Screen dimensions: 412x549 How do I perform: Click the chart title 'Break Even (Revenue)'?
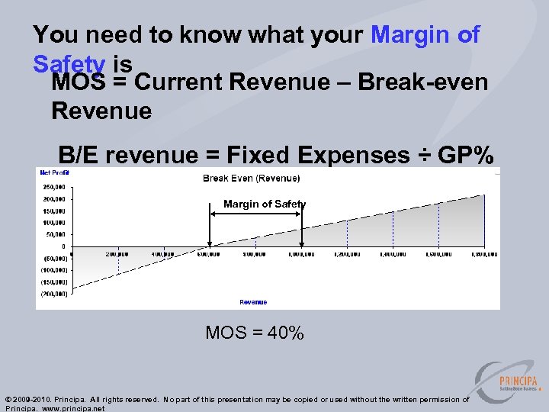tap(251, 179)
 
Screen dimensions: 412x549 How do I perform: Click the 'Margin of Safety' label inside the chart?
tap(264, 204)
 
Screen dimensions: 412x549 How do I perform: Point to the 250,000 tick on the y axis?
tap(53, 187)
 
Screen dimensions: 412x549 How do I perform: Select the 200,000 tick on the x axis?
tap(117, 254)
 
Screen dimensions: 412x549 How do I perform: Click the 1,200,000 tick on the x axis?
tap(347, 254)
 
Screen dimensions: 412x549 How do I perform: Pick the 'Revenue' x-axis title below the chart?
tap(253, 302)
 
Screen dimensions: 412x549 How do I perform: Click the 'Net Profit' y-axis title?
tap(54, 172)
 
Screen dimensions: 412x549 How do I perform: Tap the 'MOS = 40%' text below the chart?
tap(255, 333)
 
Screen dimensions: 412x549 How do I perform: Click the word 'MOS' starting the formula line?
tap(80, 82)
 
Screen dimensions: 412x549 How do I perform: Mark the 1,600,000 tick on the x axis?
tap(438, 254)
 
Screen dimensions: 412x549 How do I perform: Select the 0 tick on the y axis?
tap(63, 246)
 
